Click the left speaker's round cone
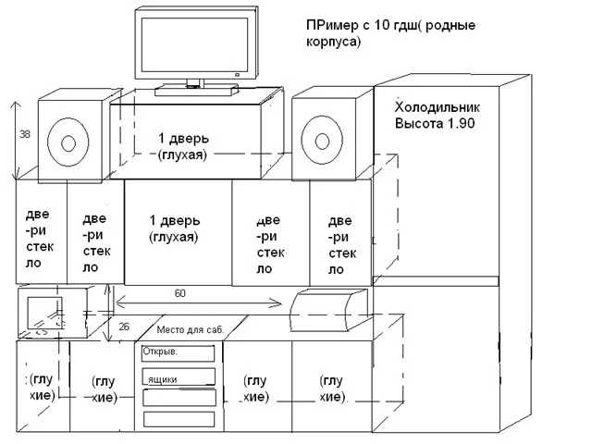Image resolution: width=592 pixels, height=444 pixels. (x=68, y=142)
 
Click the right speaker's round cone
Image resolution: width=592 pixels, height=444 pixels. (x=321, y=142)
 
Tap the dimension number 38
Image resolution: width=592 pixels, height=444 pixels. (x=25, y=134)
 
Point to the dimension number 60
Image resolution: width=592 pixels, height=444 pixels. (x=179, y=292)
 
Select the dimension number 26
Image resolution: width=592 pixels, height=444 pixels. (x=126, y=326)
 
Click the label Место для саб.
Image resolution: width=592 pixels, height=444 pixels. (x=190, y=329)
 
